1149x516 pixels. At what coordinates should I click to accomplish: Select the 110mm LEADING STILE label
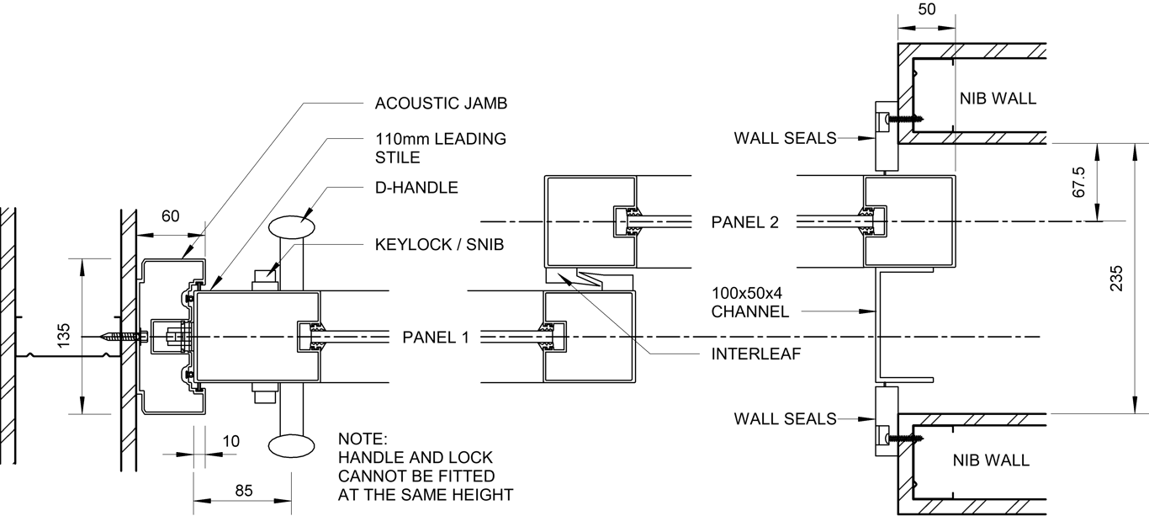(x=441, y=147)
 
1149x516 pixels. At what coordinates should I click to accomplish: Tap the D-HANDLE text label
(x=416, y=188)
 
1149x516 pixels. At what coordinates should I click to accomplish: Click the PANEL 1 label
(x=435, y=338)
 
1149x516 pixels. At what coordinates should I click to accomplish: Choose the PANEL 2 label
(x=744, y=222)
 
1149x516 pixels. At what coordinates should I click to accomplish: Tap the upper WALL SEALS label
(x=785, y=138)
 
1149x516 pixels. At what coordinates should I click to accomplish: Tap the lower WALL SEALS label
(x=785, y=418)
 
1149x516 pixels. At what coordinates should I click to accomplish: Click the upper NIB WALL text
(x=998, y=98)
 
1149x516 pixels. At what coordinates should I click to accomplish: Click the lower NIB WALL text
(x=990, y=460)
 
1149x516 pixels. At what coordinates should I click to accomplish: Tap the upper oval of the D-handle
(x=293, y=227)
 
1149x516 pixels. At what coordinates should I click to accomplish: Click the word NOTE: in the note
(x=363, y=439)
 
